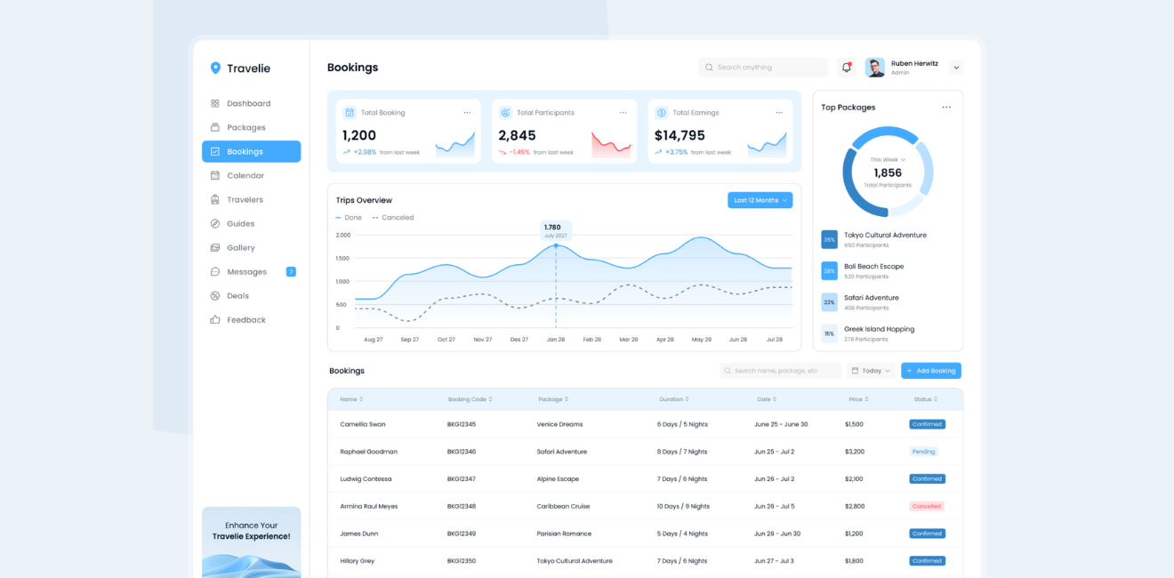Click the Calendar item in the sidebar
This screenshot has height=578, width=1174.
[245, 176]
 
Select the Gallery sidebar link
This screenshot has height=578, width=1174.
[240, 248]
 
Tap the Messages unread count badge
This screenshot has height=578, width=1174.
[291, 272]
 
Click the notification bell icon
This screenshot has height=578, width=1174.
[847, 68]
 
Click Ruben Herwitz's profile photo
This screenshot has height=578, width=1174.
[875, 68]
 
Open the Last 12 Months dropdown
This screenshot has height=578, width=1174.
[760, 200]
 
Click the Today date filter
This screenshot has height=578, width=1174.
[871, 371]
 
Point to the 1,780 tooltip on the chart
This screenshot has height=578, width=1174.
[555, 230]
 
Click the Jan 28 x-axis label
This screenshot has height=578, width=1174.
[556, 340]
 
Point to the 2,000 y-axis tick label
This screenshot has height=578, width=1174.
[343, 236]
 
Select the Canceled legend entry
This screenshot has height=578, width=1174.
[393, 218]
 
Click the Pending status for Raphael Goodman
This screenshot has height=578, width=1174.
[923, 452]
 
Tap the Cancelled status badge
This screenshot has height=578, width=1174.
[926, 507]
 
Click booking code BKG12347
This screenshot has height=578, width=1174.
[462, 479]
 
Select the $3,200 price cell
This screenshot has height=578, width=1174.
[854, 452]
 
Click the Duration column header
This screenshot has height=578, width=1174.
[673, 399]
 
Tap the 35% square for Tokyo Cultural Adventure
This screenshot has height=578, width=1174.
[829, 240]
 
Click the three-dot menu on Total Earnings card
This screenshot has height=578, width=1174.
[779, 113]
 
